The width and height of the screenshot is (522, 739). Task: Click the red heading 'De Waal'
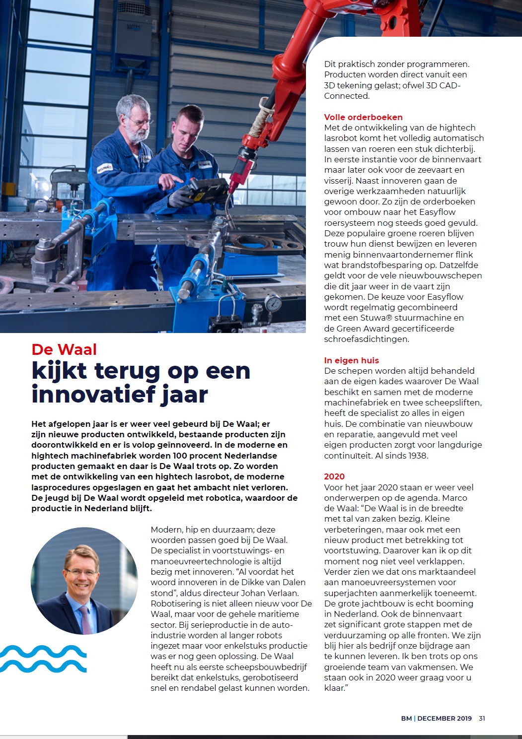point(64,349)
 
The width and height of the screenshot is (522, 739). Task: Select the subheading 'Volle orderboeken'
point(363,117)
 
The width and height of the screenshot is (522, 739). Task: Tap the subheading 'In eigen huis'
point(351,360)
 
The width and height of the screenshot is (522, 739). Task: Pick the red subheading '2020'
point(334,476)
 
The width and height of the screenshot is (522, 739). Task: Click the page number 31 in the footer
point(482,718)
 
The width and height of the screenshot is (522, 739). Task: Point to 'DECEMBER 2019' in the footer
point(445,718)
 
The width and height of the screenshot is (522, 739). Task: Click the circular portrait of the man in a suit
point(84,581)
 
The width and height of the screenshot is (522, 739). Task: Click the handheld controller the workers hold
point(207,189)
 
